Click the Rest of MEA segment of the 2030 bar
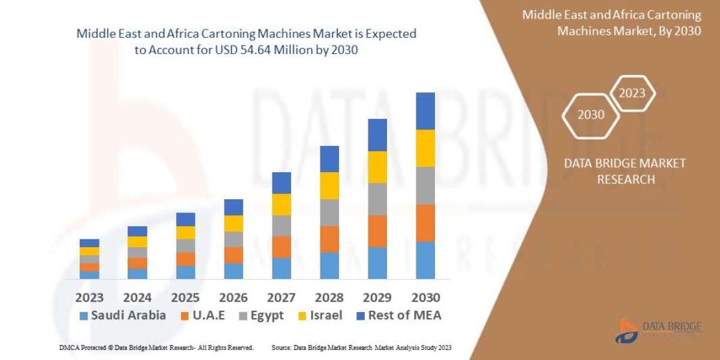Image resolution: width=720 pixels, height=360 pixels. [425, 111]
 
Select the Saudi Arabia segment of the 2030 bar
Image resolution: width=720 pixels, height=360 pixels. [425, 260]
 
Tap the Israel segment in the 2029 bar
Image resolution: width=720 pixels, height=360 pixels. [377, 167]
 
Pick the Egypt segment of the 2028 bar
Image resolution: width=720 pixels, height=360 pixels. [329, 212]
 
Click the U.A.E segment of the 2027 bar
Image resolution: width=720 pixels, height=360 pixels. [281, 247]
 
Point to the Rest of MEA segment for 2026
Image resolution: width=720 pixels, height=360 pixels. [233, 207]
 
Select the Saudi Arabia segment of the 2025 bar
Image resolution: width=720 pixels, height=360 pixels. [185, 272]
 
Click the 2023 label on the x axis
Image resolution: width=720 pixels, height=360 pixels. [89, 298]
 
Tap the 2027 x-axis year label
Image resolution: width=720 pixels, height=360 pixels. [281, 298]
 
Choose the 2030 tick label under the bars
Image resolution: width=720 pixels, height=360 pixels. [425, 298]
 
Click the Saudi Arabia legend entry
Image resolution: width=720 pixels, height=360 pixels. [122, 315]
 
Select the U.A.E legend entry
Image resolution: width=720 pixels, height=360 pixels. [203, 315]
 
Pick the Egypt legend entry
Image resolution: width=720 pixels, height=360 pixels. [262, 315]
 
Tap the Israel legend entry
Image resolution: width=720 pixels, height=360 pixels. [321, 315]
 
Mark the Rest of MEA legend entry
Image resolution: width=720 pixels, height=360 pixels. [398, 315]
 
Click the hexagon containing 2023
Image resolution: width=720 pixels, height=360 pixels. [632, 93]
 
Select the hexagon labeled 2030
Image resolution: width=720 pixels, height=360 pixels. [591, 114]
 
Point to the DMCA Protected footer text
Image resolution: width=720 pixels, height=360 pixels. [156, 348]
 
